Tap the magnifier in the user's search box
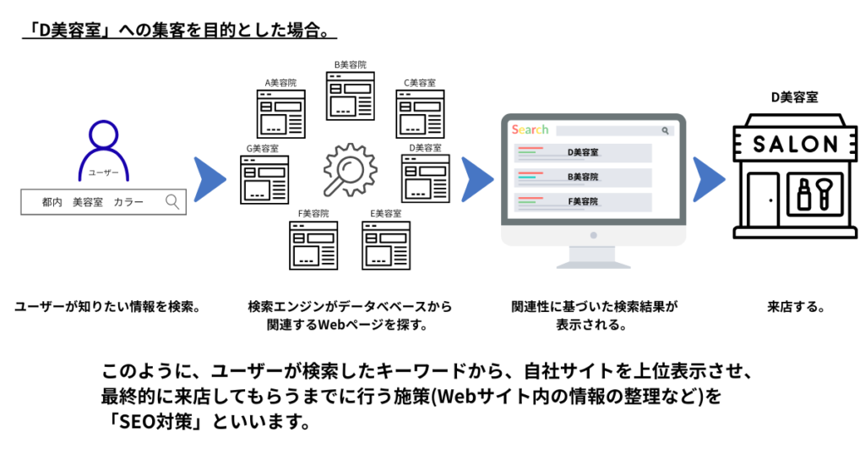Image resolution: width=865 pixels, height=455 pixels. coord(172,201)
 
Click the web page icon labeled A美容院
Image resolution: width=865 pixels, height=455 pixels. coord(281,113)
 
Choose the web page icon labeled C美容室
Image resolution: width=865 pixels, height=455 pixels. coord(420,113)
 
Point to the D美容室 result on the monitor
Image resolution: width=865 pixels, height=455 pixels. coord(582,152)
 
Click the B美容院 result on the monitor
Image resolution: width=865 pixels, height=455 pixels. coord(582,177)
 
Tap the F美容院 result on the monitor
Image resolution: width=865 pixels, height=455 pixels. coord(582,201)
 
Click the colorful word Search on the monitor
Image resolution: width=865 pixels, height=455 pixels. coord(530,129)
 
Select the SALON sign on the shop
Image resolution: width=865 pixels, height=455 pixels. coord(795,144)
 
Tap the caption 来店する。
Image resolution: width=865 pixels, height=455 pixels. coord(795,307)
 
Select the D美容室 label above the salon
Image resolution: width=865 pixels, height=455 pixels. coord(794,98)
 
